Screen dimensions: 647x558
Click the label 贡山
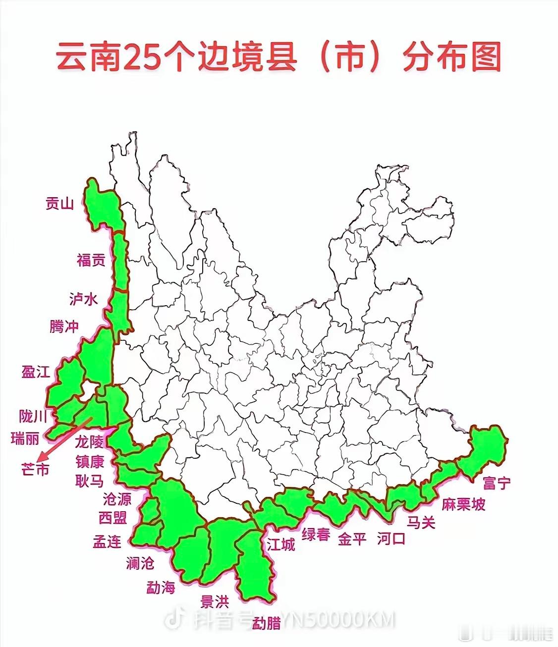click(59, 204)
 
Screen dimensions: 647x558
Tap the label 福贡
click(91, 260)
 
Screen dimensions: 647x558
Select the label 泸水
click(83, 299)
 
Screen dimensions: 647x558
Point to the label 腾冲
click(64, 326)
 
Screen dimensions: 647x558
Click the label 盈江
click(36, 372)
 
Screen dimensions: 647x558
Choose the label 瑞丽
click(25, 438)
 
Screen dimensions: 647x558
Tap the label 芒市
click(36, 469)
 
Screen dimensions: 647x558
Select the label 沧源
click(117, 499)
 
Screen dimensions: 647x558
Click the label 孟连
click(107, 541)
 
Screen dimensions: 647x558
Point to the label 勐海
click(161, 588)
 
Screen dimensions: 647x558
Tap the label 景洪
click(215, 602)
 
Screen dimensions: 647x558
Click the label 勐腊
click(267, 623)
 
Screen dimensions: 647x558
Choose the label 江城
click(281, 544)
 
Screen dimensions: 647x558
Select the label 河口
click(391, 538)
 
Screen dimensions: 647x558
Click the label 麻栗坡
click(464, 504)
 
